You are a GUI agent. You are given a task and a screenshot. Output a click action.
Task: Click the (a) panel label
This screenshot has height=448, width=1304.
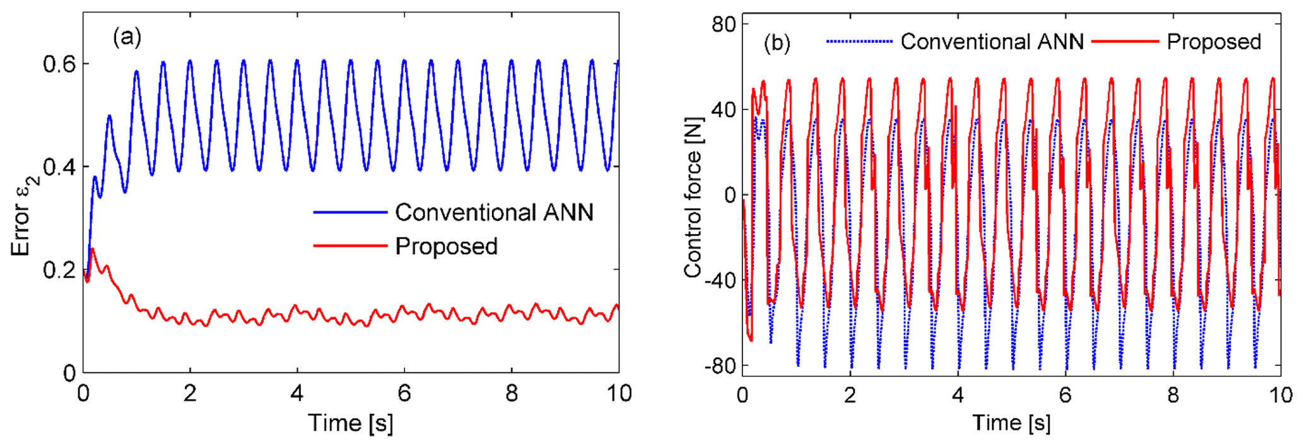click(x=127, y=37)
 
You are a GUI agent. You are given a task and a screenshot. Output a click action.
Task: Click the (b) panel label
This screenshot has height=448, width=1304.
click(x=777, y=43)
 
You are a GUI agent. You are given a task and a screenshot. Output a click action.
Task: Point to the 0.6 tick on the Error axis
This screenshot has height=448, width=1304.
click(x=59, y=64)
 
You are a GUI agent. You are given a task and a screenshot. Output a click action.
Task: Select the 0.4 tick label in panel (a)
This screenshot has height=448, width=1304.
click(x=59, y=167)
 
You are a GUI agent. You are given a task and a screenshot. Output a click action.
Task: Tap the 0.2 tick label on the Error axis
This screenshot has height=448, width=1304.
click(x=59, y=270)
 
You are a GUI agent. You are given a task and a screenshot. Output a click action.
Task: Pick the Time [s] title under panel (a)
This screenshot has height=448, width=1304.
click(x=350, y=423)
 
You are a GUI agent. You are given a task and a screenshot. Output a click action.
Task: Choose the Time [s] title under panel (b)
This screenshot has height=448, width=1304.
click(x=1011, y=423)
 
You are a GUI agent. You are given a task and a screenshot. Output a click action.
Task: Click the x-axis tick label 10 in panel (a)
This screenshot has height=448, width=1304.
click(x=618, y=394)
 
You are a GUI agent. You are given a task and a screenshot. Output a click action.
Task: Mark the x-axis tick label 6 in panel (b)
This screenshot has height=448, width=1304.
click(x=1065, y=395)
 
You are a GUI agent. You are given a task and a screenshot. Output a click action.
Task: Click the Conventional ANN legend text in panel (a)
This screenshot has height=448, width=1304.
click(x=494, y=213)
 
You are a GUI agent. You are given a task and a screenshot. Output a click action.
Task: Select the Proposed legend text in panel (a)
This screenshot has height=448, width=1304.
click(x=446, y=246)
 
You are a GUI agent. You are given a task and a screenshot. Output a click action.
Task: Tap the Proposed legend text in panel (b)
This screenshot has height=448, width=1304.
click(x=1213, y=42)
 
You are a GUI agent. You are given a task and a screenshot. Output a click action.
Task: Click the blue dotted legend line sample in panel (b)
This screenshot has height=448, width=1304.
click(x=859, y=42)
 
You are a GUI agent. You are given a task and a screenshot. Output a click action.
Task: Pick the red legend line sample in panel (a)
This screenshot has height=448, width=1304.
click(x=349, y=245)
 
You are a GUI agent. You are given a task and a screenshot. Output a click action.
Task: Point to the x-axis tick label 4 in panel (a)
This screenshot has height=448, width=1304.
click(x=297, y=394)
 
